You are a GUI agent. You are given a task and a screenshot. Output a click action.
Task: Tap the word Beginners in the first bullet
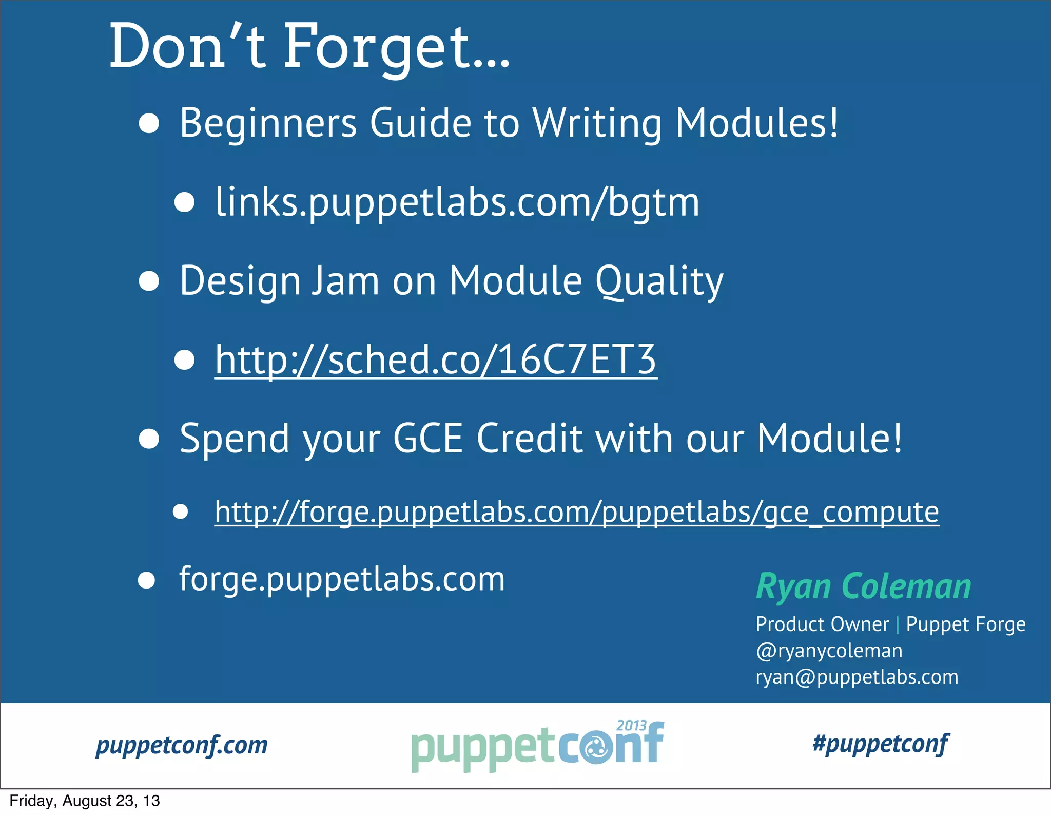pos(267,124)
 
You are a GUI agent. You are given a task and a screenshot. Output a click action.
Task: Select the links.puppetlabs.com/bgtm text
pos(457,202)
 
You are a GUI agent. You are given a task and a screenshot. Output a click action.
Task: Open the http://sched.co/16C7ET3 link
pos(435,359)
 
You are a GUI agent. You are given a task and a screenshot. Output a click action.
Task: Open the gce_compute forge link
pos(576,512)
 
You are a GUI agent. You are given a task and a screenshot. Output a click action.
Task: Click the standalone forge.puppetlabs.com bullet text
pos(342,579)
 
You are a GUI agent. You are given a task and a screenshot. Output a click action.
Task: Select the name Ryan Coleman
pos(864,586)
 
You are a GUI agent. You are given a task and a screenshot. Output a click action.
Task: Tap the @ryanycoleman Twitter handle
pos(829,651)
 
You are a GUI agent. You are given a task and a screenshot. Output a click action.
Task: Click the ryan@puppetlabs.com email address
pos(857,677)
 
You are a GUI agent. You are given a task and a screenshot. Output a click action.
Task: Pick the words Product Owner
pos(822,624)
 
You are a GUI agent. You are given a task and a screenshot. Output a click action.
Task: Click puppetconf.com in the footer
pos(182,745)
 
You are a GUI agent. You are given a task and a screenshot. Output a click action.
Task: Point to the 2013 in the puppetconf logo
pos(631,726)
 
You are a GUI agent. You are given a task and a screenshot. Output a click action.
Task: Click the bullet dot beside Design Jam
pos(149,281)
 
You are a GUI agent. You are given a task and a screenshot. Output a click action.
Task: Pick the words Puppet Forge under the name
pos(965,624)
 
